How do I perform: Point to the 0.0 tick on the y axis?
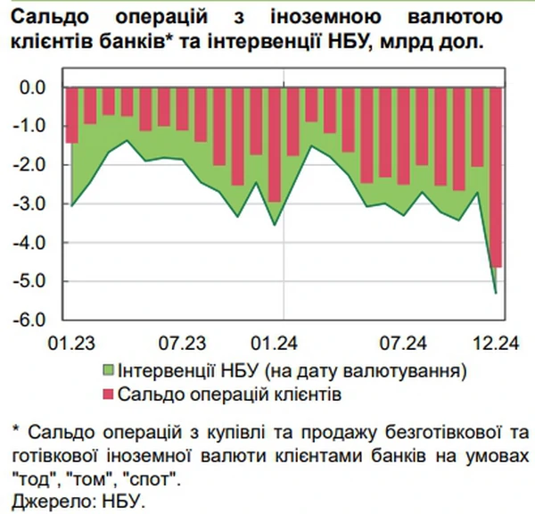tap(35, 87)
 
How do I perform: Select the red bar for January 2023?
tap(71, 115)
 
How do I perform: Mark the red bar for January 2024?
tap(275, 145)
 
